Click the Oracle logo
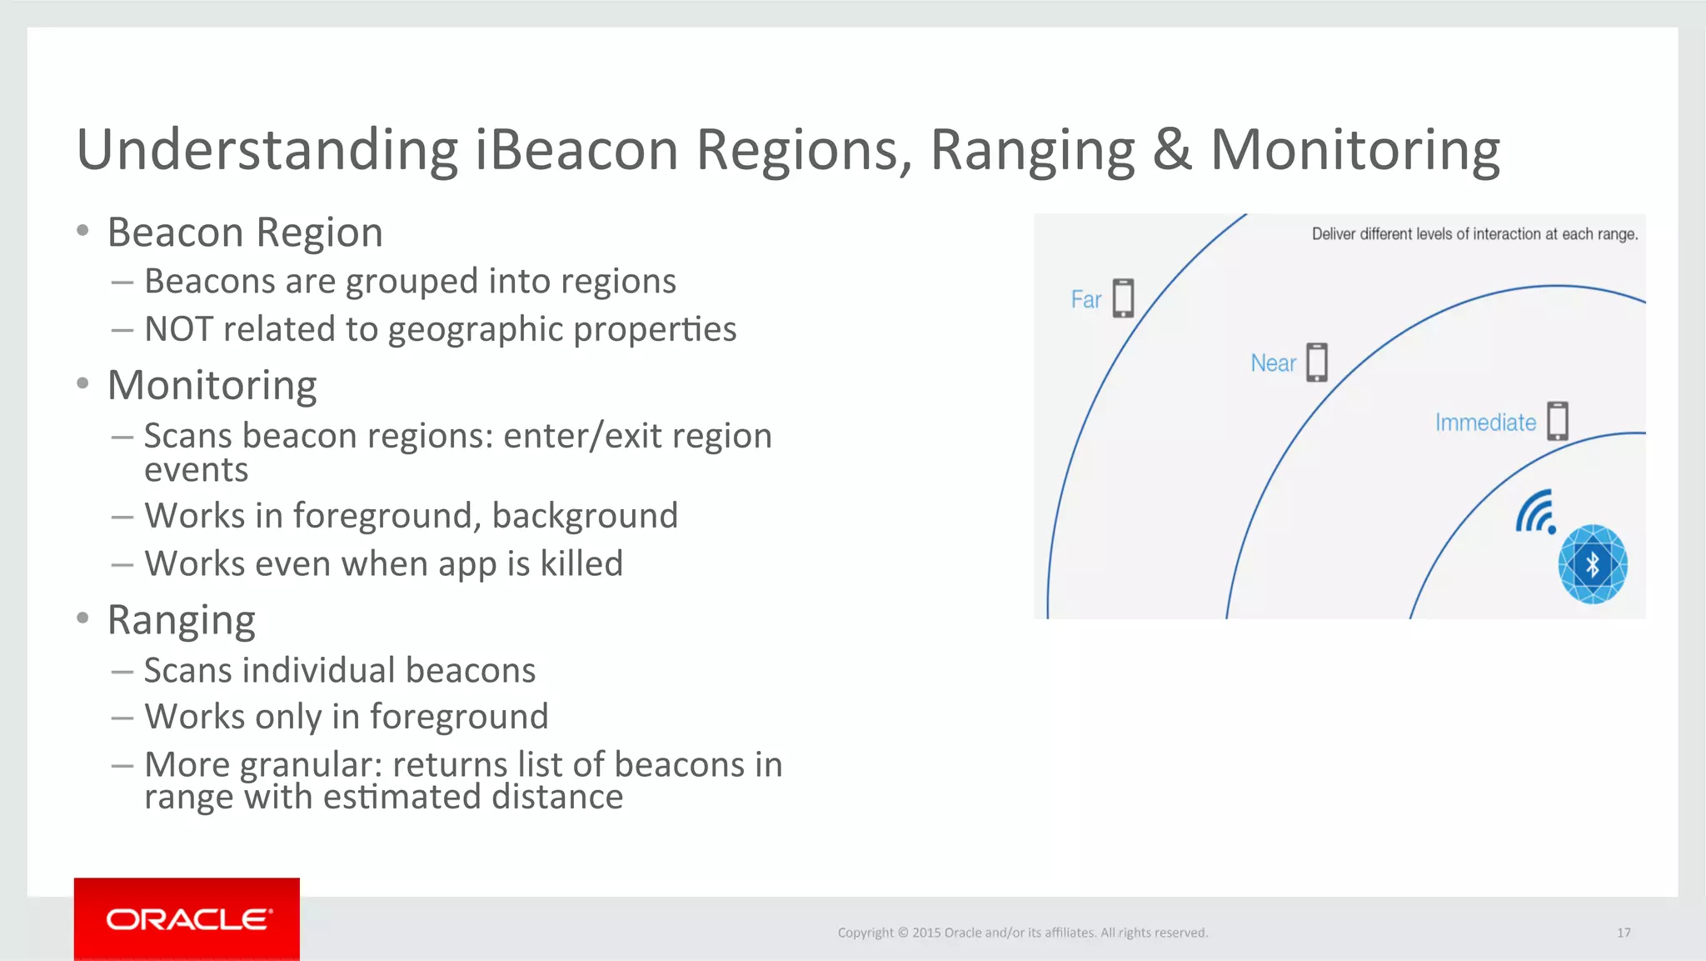(187, 919)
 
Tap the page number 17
(1624, 933)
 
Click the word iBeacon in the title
(576, 150)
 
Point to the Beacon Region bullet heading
(245, 233)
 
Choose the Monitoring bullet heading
(212, 386)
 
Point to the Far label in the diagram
(1085, 300)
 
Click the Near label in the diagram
(1273, 363)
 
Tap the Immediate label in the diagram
(1485, 423)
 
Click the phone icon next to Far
(1124, 298)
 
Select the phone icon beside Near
(1317, 363)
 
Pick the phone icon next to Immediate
(1558, 421)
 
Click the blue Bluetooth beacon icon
(1593, 564)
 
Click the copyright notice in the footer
(1022, 933)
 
